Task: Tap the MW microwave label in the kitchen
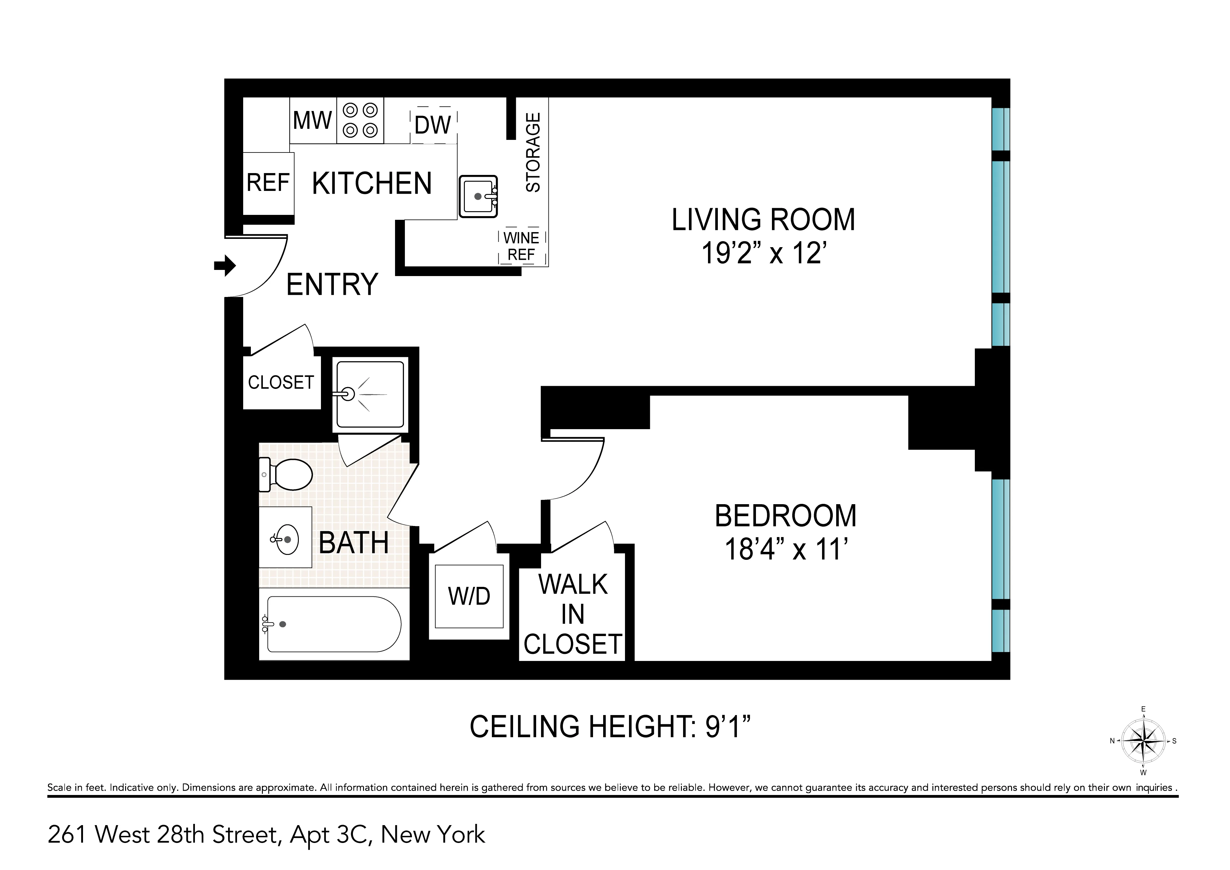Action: pyautogui.click(x=312, y=121)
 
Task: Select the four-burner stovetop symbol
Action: pyautogui.click(x=360, y=121)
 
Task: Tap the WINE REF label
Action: pyautogui.click(x=522, y=246)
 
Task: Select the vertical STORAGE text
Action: pyautogui.click(x=533, y=153)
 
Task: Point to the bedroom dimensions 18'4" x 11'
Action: pyautogui.click(x=785, y=549)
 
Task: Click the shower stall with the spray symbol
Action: pyautogui.click(x=370, y=395)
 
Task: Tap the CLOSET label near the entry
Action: pyautogui.click(x=281, y=382)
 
